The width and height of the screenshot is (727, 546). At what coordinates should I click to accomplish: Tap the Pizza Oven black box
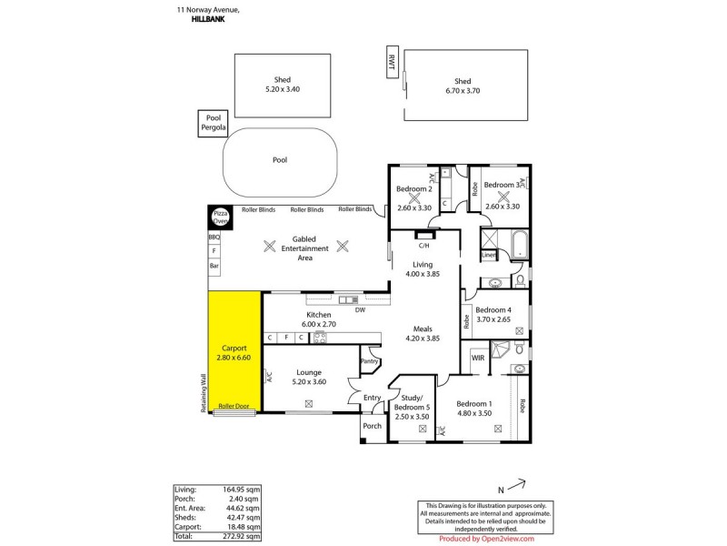pos(220,217)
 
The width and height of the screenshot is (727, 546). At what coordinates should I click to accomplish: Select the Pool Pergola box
pos(214,124)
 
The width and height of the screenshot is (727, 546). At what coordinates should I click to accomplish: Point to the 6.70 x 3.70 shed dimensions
pos(463,90)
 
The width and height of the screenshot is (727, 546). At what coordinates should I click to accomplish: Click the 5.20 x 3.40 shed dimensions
pos(283,89)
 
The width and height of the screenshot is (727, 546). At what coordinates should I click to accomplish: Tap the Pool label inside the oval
pos(280,159)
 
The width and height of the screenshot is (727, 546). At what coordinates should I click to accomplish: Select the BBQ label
pos(214,238)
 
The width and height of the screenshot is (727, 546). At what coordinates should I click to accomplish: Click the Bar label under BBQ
pos(214,266)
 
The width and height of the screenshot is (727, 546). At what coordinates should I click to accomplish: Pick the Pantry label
pos(369,361)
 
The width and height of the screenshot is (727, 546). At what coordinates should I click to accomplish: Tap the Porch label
pos(373,426)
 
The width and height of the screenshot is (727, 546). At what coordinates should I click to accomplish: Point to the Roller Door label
pos(235,407)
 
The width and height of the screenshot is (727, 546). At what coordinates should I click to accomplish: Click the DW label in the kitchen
pos(360,309)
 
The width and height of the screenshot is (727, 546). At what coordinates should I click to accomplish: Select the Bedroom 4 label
pos(496,309)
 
